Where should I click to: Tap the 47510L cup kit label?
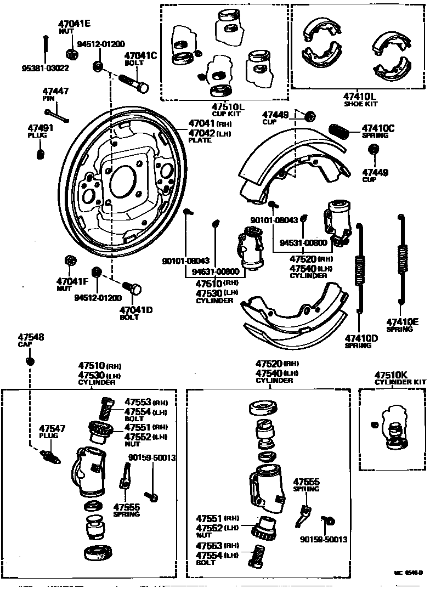(228, 106)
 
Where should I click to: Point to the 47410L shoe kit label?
(360, 95)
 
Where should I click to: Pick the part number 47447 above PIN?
(56, 91)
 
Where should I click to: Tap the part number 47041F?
(72, 281)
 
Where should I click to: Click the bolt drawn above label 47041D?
(132, 288)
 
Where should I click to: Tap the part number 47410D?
(361, 338)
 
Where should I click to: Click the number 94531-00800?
(303, 242)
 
